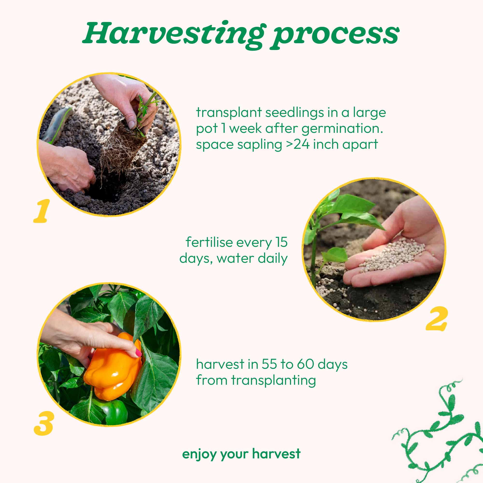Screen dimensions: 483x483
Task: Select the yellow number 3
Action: click(44, 423)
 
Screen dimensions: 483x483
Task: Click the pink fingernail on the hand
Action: click(138, 353)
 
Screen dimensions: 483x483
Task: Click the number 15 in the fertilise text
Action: click(282, 242)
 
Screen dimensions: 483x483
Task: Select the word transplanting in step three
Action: click(274, 381)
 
